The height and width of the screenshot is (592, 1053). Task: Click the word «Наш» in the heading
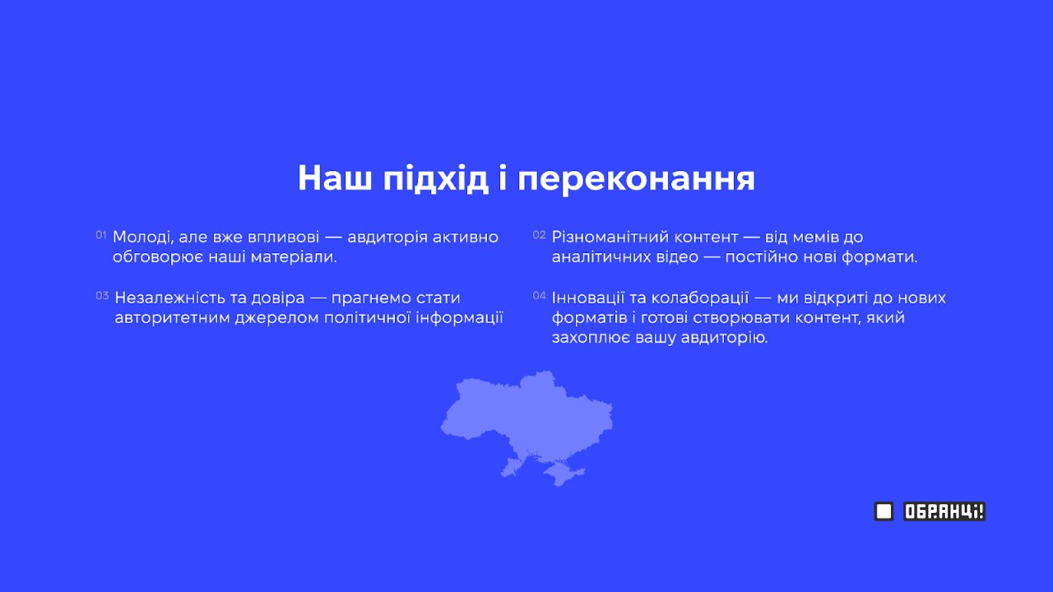(334, 178)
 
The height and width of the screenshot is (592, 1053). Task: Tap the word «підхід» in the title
(436, 178)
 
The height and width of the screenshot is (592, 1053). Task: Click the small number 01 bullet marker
(101, 235)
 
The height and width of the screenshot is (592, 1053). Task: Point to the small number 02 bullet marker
(539, 235)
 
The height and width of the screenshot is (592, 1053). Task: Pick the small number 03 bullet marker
(102, 295)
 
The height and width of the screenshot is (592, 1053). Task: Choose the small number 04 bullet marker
(539, 295)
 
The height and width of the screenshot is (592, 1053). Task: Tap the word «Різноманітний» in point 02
(609, 238)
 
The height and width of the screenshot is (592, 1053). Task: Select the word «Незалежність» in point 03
(170, 298)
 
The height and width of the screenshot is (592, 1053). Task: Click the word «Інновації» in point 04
(587, 298)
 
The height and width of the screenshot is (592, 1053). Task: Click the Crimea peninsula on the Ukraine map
(564, 473)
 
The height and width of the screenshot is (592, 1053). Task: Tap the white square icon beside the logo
(884, 511)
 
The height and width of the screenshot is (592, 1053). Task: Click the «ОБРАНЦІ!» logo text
(944, 511)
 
